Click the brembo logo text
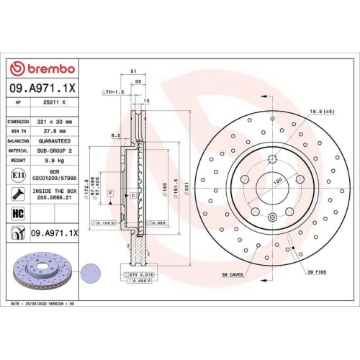click(47, 68)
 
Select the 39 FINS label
click(317, 271)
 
